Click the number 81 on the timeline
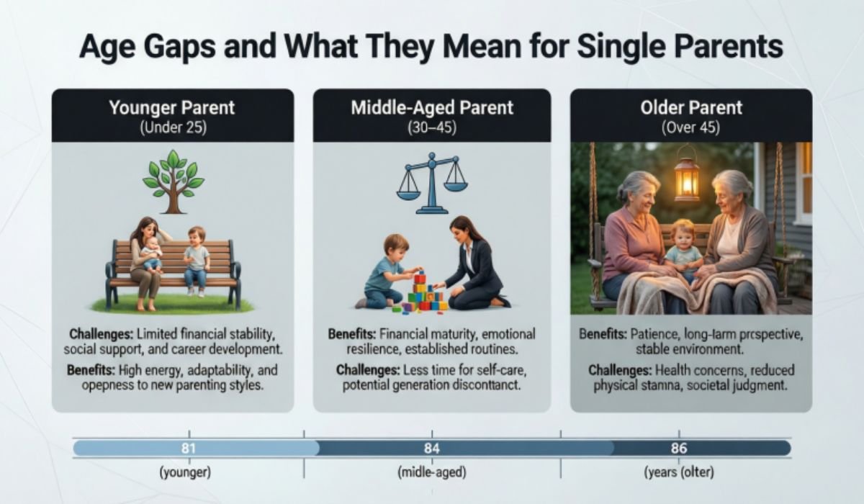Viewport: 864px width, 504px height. click(189, 448)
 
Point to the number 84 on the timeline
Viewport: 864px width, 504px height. click(432, 448)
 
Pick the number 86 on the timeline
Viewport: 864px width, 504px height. click(678, 448)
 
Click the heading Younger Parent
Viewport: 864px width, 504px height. click(172, 108)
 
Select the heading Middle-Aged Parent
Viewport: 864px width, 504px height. click(432, 108)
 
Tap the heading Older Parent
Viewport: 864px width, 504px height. click(691, 108)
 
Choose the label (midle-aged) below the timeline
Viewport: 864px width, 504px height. click(432, 473)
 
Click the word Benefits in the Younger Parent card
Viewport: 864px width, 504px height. click(93, 370)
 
